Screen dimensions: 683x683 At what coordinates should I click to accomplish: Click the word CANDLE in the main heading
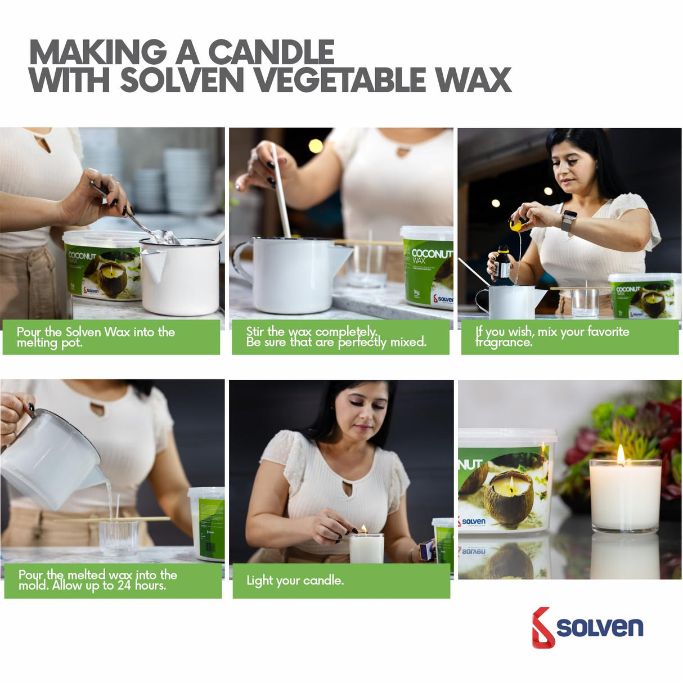point(271,52)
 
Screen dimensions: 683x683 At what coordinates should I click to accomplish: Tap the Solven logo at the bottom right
point(587,627)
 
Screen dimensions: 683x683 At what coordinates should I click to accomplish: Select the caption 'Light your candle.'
point(295,581)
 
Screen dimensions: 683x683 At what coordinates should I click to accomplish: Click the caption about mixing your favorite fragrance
point(552,336)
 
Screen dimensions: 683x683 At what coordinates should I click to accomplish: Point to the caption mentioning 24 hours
point(97,580)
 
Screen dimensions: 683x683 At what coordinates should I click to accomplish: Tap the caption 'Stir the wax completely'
point(336,336)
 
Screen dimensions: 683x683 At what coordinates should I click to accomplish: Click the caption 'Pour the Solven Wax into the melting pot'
point(96,336)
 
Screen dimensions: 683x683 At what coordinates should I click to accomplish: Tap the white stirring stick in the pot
point(280,188)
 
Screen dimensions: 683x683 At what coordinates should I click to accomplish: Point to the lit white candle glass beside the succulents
point(624,495)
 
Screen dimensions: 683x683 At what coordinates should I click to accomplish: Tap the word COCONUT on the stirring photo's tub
point(432,254)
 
